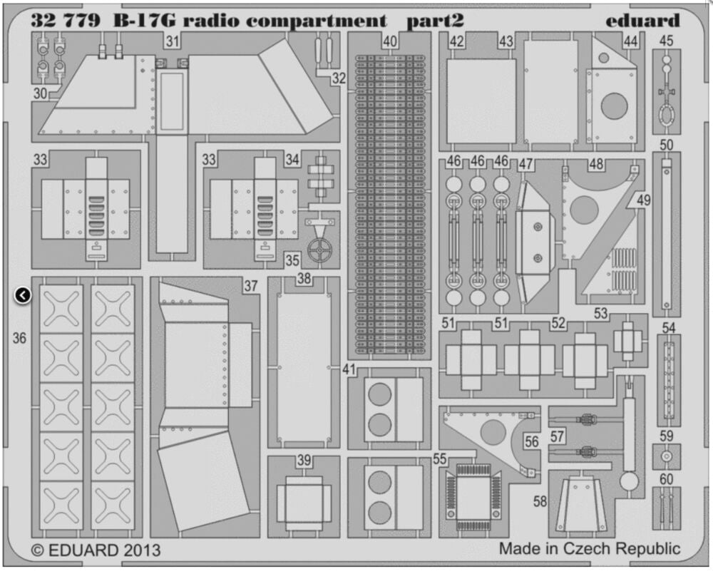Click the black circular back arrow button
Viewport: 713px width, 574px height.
click(x=23, y=294)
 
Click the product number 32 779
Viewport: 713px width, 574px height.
click(x=62, y=20)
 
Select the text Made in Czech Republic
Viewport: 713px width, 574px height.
click(x=590, y=548)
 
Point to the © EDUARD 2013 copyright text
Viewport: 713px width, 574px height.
click(x=96, y=550)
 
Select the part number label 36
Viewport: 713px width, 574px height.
click(x=19, y=338)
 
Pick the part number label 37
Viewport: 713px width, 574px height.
click(x=250, y=286)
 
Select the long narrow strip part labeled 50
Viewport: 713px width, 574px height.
click(x=666, y=232)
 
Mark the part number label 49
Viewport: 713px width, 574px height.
click(x=643, y=201)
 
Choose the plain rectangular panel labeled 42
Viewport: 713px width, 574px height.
click(x=481, y=100)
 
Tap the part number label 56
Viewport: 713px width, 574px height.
click(x=531, y=442)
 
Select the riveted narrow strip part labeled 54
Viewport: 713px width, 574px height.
click(x=667, y=381)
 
